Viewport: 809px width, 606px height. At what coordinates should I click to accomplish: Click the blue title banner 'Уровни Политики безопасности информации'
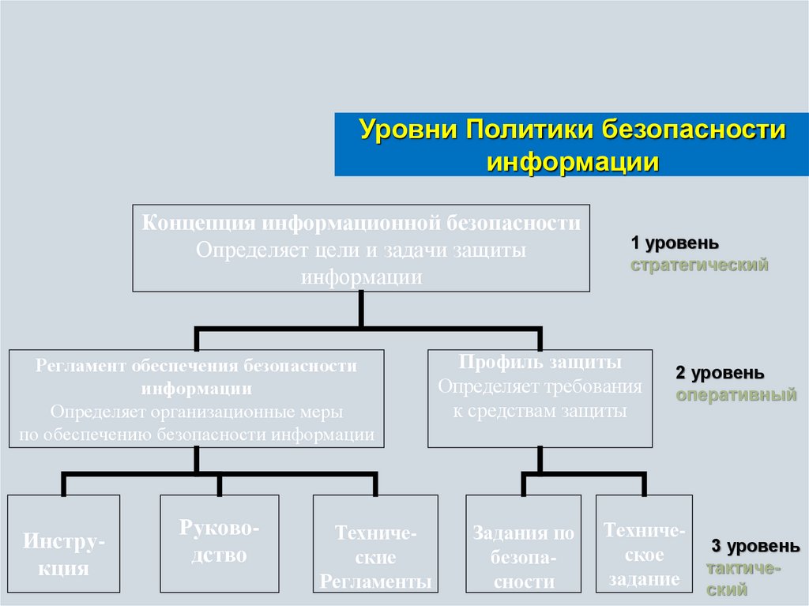(572, 144)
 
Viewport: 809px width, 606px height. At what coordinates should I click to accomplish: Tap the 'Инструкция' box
(63, 544)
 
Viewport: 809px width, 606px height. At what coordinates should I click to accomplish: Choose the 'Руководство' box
(219, 544)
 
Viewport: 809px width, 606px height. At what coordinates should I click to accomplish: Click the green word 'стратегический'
(699, 265)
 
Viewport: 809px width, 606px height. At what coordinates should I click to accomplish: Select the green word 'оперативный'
(736, 395)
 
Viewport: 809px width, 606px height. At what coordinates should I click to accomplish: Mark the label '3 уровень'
(755, 546)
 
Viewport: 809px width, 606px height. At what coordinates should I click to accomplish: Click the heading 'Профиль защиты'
(540, 363)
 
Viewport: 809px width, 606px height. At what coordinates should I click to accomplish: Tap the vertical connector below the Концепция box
(361, 309)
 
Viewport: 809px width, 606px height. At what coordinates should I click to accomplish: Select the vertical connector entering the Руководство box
(219, 484)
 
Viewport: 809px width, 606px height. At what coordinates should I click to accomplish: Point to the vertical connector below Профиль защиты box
(540, 461)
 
